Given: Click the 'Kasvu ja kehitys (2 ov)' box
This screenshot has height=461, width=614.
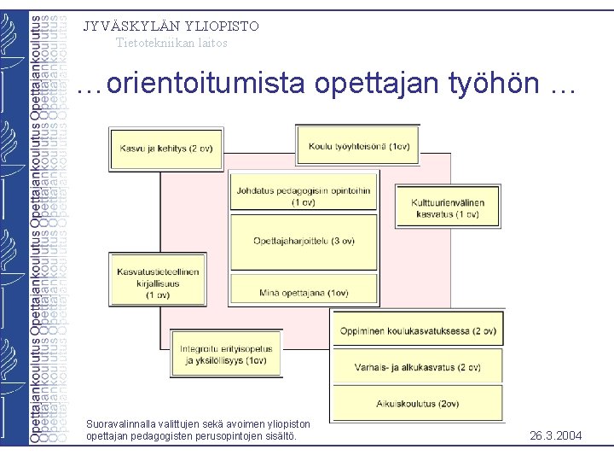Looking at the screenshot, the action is click(165, 149).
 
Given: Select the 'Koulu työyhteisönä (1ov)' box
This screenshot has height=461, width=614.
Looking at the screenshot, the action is click(358, 146).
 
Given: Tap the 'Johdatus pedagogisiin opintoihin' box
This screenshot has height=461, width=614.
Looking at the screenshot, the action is click(304, 196).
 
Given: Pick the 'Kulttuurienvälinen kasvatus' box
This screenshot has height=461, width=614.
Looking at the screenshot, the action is click(448, 207).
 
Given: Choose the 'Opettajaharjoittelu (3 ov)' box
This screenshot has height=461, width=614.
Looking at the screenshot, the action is click(304, 241).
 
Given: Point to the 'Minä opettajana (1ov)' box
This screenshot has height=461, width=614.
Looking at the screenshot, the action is click(304, 293).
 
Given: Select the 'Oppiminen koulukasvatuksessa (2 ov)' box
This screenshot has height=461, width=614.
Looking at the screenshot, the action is click(417, 330).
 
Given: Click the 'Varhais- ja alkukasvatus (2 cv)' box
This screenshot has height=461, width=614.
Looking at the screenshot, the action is click(417, 368).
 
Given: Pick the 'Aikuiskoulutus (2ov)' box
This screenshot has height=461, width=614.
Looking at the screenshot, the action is click(417, 404).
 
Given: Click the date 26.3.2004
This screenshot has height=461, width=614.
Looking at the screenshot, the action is click(555, 436).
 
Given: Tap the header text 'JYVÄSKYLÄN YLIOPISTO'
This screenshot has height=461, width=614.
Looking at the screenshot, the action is click(171, 26).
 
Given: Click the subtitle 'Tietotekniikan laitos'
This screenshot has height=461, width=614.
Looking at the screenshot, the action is click(171, 43).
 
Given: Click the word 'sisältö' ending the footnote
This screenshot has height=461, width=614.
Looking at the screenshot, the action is click(281, 436).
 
